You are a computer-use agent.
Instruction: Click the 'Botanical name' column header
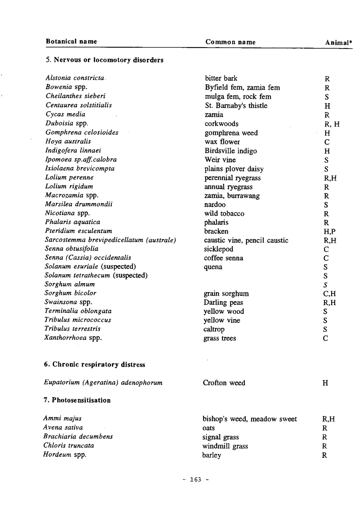coord(71,42)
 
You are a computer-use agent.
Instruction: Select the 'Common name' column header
coord(230,42)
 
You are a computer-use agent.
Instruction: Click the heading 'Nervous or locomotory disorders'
coord(105,60)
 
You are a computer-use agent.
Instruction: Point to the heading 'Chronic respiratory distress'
coord(95,365)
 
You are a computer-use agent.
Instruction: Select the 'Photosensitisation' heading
coord(77,400)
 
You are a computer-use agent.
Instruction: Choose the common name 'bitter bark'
coord(221,78)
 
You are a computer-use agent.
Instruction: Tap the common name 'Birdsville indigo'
coord(230,151)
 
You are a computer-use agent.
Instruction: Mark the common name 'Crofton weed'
coord(224,383)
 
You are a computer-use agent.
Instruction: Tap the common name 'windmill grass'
coord(225,446)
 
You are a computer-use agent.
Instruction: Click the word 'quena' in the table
coord(213,267)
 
